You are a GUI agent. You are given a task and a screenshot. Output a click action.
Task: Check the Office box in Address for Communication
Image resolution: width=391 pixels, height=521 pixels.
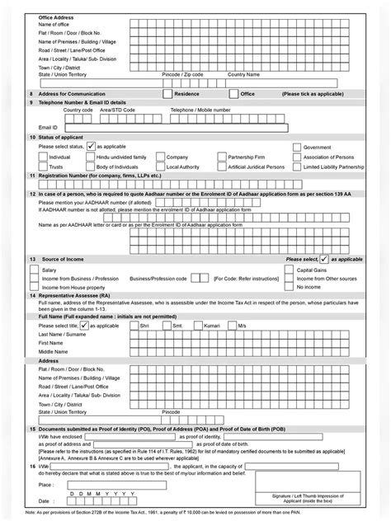235,95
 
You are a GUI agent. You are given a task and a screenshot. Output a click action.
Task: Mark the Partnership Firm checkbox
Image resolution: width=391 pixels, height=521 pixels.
220,156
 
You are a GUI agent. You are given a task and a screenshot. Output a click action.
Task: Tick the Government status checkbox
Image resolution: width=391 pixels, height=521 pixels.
297,146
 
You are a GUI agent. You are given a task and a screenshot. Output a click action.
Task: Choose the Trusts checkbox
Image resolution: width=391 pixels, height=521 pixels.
43,166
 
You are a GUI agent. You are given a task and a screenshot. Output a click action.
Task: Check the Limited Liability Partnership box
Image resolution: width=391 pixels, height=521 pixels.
297,166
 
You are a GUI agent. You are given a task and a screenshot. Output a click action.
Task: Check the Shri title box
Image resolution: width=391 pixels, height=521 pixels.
133,326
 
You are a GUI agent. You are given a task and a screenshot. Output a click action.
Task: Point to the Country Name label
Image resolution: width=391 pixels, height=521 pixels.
243,74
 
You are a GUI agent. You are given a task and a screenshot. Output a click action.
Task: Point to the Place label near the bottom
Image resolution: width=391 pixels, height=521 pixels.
45,486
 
